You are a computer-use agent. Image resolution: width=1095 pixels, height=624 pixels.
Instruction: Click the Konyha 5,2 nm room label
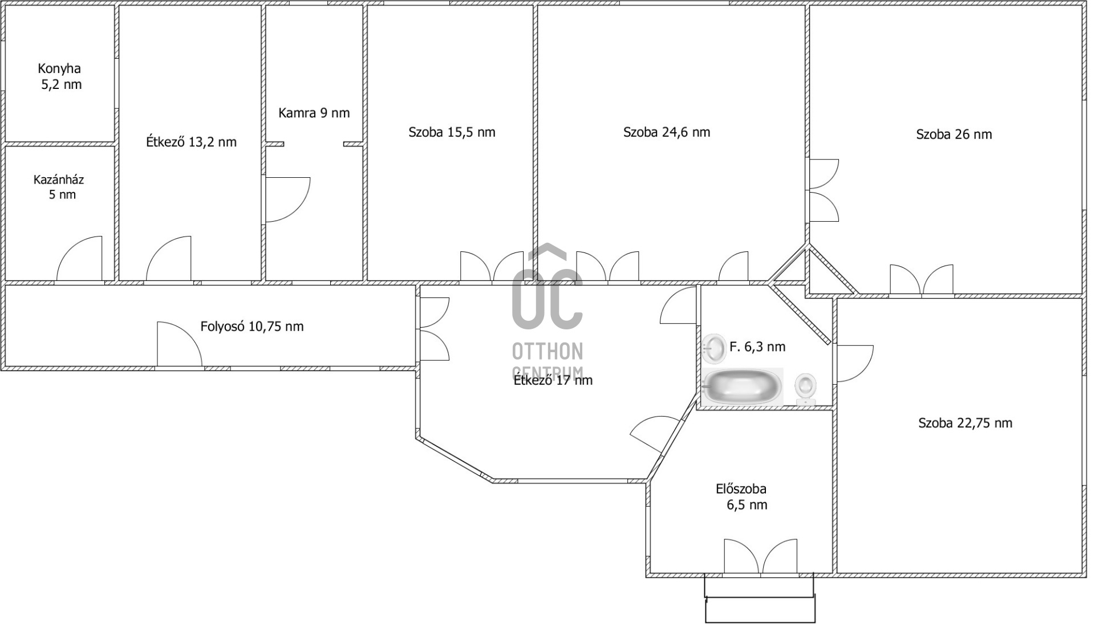[60, 76]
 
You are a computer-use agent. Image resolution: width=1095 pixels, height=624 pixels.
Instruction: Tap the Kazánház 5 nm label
[59, 187]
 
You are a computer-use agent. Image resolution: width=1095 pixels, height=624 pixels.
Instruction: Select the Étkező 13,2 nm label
[191, 142]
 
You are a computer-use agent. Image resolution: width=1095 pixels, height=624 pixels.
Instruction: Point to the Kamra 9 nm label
[314, 113]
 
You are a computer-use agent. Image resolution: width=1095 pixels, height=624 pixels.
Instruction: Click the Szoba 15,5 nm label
[452, 132]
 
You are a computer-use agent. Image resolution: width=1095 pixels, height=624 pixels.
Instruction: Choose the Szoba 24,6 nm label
[667, 132]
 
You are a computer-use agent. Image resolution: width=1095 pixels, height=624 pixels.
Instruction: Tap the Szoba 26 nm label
[954, 134]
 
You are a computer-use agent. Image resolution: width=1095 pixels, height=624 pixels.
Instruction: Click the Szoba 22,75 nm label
[965, 423]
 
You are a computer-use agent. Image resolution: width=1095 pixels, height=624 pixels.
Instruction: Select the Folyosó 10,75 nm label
[252, 327]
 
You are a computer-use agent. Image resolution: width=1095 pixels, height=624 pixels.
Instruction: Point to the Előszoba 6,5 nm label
[741, 496]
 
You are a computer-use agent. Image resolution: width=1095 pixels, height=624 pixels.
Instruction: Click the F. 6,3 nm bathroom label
[757, 346]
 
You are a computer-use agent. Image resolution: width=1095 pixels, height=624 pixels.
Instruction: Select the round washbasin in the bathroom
[713, 349]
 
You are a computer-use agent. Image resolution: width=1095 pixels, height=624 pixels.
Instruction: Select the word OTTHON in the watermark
[547, 352]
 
